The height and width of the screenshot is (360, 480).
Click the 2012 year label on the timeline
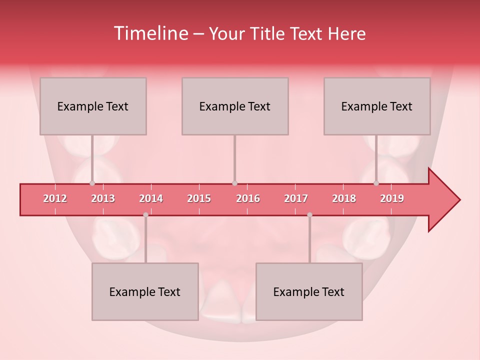55,199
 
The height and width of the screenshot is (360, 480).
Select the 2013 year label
103,199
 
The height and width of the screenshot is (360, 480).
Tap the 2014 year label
151,199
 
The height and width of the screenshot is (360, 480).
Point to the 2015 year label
199,199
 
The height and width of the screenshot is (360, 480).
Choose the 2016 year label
248,199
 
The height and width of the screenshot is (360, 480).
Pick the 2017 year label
296,199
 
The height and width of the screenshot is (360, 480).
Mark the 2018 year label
344,199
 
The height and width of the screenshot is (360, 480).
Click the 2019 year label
392,199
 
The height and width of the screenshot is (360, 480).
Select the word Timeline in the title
150,33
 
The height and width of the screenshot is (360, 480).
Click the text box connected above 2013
93,106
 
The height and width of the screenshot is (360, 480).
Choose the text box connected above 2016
235,106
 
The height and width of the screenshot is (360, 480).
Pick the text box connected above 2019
377,106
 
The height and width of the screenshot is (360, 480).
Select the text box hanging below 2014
145,291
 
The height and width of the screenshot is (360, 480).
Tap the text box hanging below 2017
309,291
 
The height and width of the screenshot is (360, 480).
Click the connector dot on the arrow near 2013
92,183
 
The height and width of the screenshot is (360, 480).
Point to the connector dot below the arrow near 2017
309,215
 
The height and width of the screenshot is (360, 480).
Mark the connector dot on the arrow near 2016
234,183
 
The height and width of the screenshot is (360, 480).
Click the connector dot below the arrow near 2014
145,215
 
